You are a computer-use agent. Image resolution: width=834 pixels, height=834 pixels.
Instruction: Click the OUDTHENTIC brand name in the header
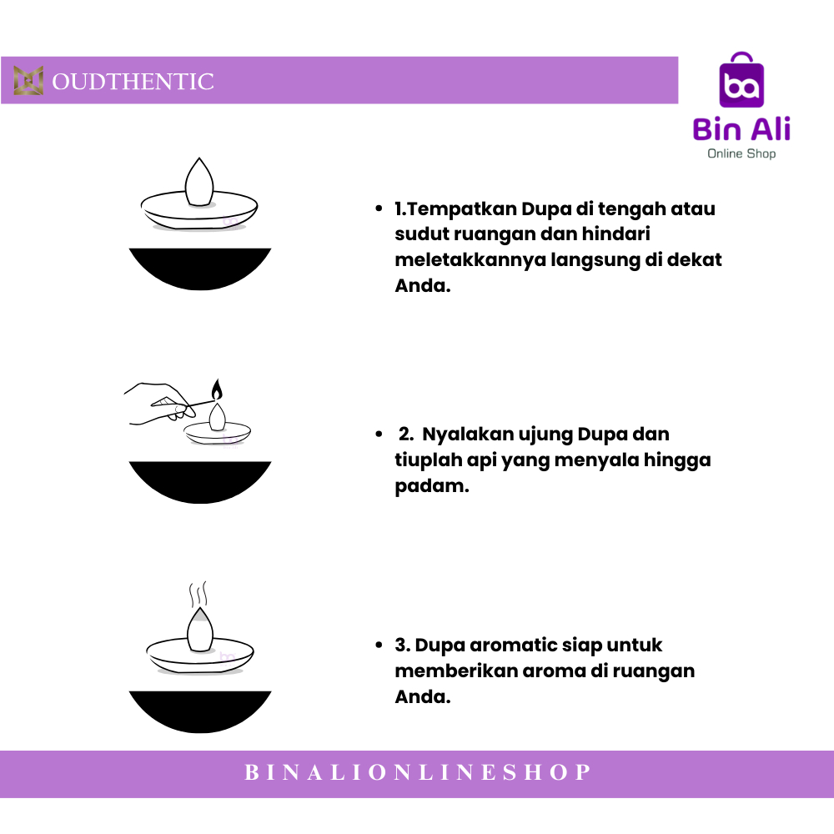point(133,82)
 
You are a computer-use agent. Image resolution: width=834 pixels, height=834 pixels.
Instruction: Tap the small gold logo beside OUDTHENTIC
point(28,81)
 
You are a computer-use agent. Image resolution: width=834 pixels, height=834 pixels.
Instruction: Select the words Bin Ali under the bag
point(741,129)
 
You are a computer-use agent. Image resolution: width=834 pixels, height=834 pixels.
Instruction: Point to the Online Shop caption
point(741,153)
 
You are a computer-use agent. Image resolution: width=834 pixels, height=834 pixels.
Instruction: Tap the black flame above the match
point(217,389)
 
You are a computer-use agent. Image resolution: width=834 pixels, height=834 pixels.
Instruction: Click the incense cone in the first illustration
point(198,181)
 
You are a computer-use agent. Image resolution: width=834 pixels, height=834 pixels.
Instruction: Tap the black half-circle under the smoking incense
point(200,709)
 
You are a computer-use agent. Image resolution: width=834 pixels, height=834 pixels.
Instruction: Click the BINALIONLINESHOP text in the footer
point(417,773)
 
